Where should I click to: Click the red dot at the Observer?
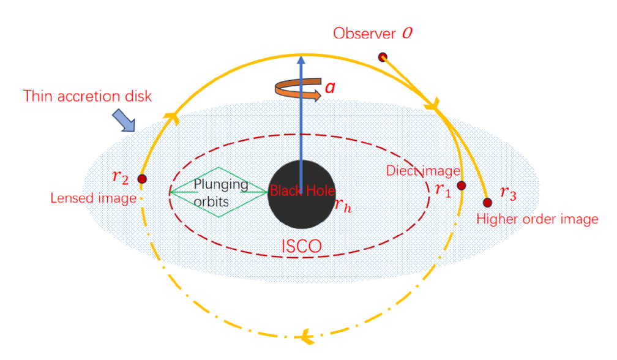click(x=383, y=58)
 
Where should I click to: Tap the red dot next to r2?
click(x=142, y=179)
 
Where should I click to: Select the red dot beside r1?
click(x=462, y=186)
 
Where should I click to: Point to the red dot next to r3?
click(x=487, y=203)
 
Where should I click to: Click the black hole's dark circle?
click(x=302, y=194)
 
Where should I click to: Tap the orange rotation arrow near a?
click(x=298, y=89)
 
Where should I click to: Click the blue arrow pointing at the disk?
click(x=124, y=121)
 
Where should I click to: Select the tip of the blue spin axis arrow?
click(x=301, y=56)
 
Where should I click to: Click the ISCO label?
click(x=301, y=246)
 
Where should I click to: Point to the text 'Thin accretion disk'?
click(x=88, y=96)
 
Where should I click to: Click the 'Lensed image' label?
click(x=93, y=198)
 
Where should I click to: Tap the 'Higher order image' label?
click(x=537, y=219)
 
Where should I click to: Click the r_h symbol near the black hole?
click(x=343, y=205)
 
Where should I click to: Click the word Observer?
click(x=364, y=34)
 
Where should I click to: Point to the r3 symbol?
click(x=508, y=193)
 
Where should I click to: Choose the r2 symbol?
click(x=121, y=177)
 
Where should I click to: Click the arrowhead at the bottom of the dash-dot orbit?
click(x=306, y=337)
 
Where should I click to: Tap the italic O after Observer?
click(x=407, y=33)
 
